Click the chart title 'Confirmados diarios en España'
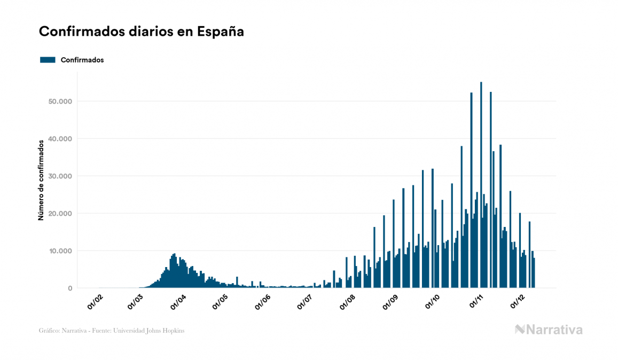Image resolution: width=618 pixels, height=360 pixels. pos(142,32)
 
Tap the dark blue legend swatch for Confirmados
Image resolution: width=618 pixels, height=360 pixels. pos(48,60)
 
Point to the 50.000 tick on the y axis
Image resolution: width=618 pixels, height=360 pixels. pos(60,101)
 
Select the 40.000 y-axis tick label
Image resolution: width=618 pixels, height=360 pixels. pos(60,139)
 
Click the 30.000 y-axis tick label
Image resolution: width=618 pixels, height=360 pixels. pos(60,176)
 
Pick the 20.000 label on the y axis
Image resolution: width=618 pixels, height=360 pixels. pos(60,214)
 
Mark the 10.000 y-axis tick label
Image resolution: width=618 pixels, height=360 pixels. pos(60,251)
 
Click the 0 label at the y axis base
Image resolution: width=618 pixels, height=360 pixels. pos(69,288)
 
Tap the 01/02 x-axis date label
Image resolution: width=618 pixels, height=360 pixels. pos(94,302)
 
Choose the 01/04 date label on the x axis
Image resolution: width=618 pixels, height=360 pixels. pos(178,302)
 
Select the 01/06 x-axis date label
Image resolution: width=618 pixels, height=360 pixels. pos(262,302)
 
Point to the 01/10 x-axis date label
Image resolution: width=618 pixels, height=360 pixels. pos(433,302)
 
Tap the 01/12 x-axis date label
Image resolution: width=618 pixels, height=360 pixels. pos(518,302)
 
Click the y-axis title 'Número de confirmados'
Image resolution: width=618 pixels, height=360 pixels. pos(41,180)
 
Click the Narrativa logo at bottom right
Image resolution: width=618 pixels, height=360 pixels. pos(549,330)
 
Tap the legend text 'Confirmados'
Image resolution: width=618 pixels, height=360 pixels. pos(82,60)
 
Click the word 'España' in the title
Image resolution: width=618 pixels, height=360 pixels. pos(221,32)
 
